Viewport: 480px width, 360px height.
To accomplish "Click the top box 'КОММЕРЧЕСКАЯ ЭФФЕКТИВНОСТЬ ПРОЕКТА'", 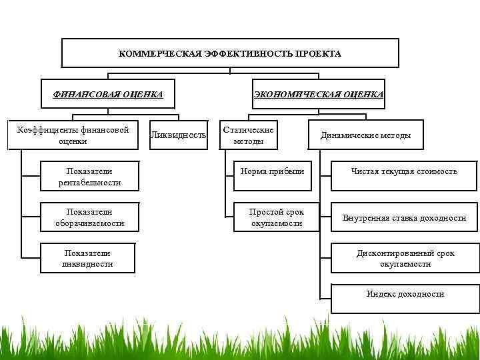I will (x=230, y=53).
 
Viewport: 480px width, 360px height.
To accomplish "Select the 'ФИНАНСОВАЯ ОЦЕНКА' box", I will (x=108, y=94).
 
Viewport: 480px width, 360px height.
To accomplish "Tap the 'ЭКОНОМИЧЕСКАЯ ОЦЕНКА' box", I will (x=319, y=94).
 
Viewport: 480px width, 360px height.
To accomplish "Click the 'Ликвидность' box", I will (x=178, y=135).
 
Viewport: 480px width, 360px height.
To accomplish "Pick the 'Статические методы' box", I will (x=249, y=135).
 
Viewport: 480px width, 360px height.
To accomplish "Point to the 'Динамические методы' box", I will (x=365, y=135).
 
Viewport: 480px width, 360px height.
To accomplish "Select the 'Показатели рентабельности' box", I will (x=89, y=177).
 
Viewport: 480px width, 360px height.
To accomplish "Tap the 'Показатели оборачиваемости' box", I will (x=89, y=217).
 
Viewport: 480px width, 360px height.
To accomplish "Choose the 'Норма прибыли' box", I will (x=277, y=171).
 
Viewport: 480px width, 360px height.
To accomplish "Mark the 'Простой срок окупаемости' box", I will (x=277, y=217).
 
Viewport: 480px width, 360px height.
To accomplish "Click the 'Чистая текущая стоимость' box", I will (x=405, y=171).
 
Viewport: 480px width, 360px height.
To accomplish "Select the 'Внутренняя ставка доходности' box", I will (x=405, y=218).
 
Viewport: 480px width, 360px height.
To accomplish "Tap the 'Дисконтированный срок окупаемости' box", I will (x=405, y=259).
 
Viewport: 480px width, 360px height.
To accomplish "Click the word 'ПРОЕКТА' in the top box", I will (x=319, y=54).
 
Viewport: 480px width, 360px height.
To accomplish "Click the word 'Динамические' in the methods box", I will (x=349, y=135).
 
